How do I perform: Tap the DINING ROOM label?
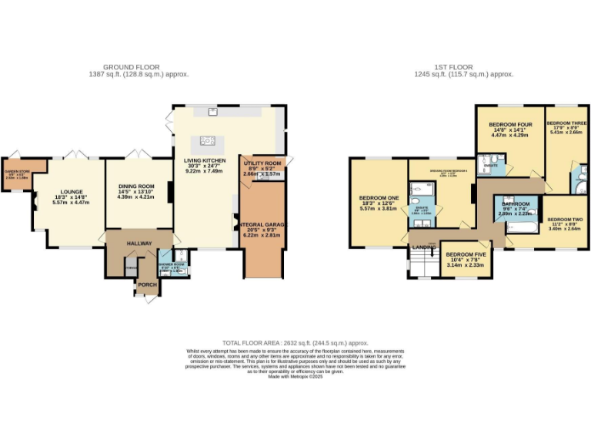coord(136,186)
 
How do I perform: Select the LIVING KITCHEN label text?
coord(204,162)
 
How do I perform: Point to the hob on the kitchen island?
coord(205,140)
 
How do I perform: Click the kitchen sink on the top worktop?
coord(212,113)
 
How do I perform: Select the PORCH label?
coord(147,284)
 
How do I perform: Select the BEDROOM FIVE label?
coord(465,254)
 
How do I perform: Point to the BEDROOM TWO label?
coord(564,219)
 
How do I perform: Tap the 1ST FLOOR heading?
coord(464,67)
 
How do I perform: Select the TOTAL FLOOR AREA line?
coord(295,342)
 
